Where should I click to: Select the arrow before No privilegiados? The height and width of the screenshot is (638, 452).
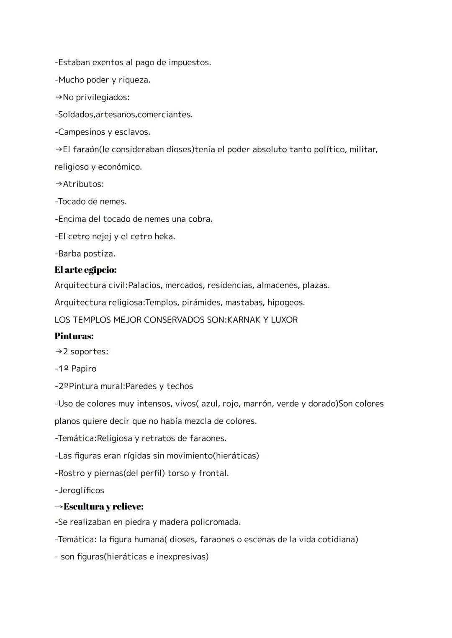58,97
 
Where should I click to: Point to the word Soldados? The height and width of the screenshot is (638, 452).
76,115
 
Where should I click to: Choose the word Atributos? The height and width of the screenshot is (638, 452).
83,184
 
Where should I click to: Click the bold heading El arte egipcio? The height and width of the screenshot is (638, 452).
85,270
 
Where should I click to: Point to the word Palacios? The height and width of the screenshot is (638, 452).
145,285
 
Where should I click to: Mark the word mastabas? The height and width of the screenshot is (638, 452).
244,302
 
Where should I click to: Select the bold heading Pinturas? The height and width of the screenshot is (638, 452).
74,336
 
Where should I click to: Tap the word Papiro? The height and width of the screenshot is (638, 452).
84,369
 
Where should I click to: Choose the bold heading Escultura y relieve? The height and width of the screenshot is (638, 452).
103,507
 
